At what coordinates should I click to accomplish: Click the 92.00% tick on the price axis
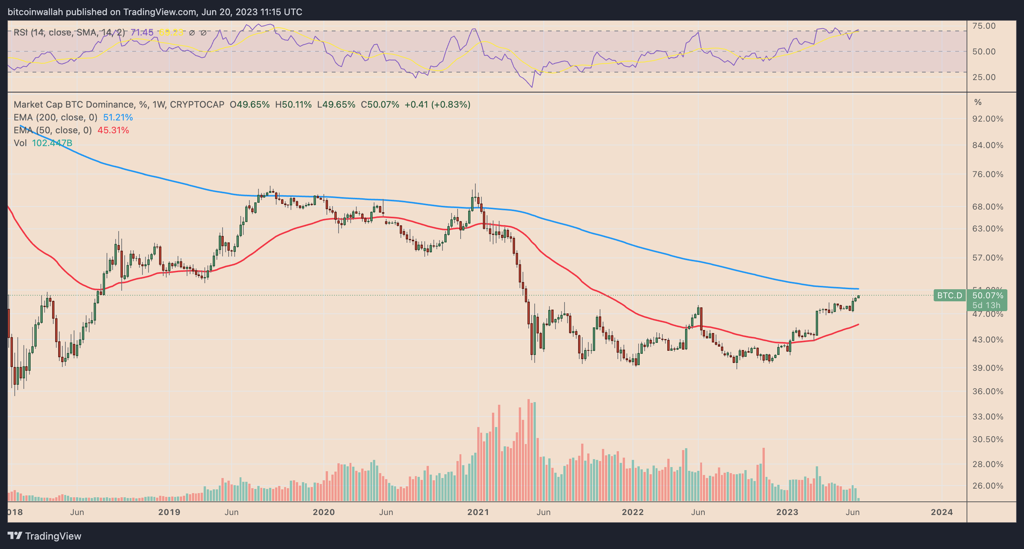(x=987, y=119)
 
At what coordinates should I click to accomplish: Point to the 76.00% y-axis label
(x=987, y=174)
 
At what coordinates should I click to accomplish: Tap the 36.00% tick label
(x=987, y=391)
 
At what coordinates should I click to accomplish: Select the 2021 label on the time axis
(x=478, y=512)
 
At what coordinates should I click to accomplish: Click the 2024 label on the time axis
(x=942, y=512)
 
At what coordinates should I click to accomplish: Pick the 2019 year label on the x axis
(x=169, y=512)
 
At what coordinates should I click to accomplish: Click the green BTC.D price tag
(x=949, y=296)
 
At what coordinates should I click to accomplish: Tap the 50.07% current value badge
(x=987, y=296)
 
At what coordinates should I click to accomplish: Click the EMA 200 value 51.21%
(x=118, y=117)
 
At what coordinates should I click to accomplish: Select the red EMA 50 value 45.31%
(x=113, y=130)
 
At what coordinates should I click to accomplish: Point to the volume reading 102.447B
(x=52, y=143)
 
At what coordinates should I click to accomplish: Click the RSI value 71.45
(x=142, y=32)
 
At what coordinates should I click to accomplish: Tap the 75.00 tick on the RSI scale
(x=984, y=26)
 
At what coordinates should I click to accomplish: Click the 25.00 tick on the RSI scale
(x=984, y=77)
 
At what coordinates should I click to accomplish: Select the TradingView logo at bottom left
(x=45, y=536)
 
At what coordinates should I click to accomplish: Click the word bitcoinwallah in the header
(x=36, y=12)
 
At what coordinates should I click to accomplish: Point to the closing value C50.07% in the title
(x=380, y=105)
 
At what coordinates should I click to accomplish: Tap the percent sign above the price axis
(x=978, y=102)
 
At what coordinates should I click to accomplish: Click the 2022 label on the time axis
(x=633, y=512)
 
